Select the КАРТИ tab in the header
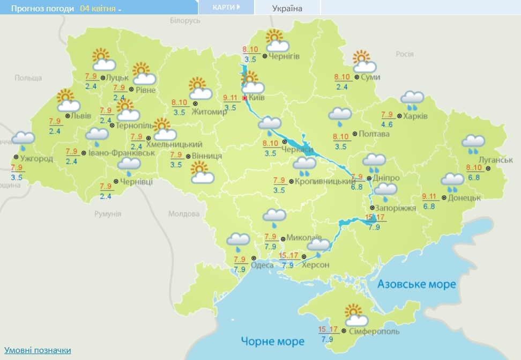point(225,8)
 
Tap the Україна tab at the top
point(287,8)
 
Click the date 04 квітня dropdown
point(100,9)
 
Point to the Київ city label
point(257,98)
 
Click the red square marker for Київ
point(245,99)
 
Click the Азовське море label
point(416,284)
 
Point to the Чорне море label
point(272,341)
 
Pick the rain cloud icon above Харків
point(413,100)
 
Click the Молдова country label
point(184,214)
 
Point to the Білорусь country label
point(185,20)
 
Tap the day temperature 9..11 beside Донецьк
point(430,196)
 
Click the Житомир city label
point(212,112)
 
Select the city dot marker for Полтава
point(355,134)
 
